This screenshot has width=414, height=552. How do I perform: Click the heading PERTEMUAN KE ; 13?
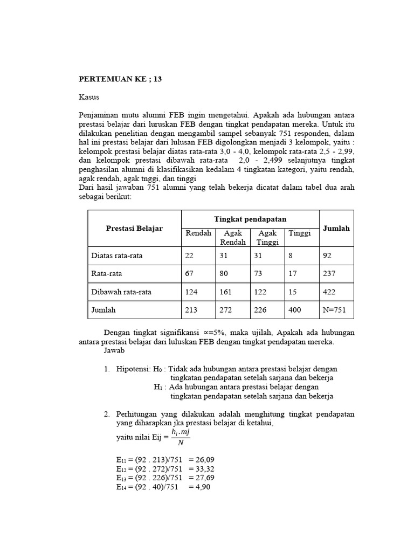[x=120, y=79]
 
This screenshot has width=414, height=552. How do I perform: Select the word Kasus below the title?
[x=89, y=98]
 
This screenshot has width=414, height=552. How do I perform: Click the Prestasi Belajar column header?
[x=135, y=229]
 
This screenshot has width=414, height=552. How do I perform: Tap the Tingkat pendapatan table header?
[x=250, y=219]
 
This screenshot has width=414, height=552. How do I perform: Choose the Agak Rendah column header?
[x=232, y=238]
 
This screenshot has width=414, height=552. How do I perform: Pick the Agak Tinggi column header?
[x=267, y=238]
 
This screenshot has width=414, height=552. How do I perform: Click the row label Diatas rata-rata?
[x=117, y=256]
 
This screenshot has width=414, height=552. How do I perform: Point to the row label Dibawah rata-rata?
[x=121, y=292]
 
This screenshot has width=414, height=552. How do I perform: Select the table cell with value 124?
[x=192, y=292]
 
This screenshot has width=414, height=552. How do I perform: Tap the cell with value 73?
[x=258, y=273]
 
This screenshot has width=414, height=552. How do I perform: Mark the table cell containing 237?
[x=329, y=273]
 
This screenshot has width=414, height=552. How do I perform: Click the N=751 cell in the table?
[x=335, y=310]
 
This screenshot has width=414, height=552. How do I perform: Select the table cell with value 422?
[x=329, y=292]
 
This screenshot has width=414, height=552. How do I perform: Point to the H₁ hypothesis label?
[x=158, y=387]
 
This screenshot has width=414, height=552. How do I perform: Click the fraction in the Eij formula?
[x=180, y=437]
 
